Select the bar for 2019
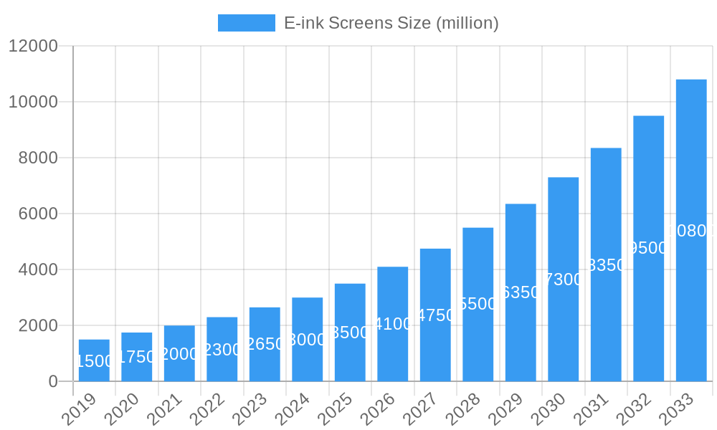[x=94, y=360]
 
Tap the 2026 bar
[x=393, y=324]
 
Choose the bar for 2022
[x=222, y=349]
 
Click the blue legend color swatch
[x=246, y=23]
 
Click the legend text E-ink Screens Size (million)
[x=391, y=23]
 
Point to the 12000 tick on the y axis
[x=33, y=46]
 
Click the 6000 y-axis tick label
[x=37, y=214]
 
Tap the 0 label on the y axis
[x=53, y=381]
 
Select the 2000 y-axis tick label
[x=37, y=325]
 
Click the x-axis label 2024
[x=291, y=410]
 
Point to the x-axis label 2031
[x=590, y=410]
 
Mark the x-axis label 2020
[x=120, y=410]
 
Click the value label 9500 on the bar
[x=647, y=248]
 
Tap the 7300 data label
[x=564, y=279]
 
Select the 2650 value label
[x=265, y=344]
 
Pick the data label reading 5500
[x=478, y=304]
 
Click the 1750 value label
[x=136, y=357]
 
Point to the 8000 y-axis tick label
[x=37, y=158]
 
